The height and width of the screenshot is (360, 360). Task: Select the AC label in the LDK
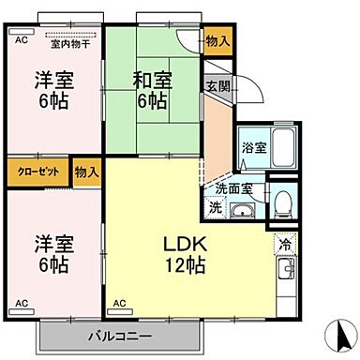point(119,304)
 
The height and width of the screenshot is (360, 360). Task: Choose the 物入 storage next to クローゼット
point(87,172)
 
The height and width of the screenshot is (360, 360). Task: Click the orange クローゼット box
point(36,172)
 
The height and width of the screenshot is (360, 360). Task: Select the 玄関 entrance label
point(217,86)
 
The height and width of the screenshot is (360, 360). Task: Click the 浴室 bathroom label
point(252,147)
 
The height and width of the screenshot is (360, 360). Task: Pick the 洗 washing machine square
point(215,207)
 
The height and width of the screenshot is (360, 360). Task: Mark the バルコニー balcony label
point(121,334)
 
